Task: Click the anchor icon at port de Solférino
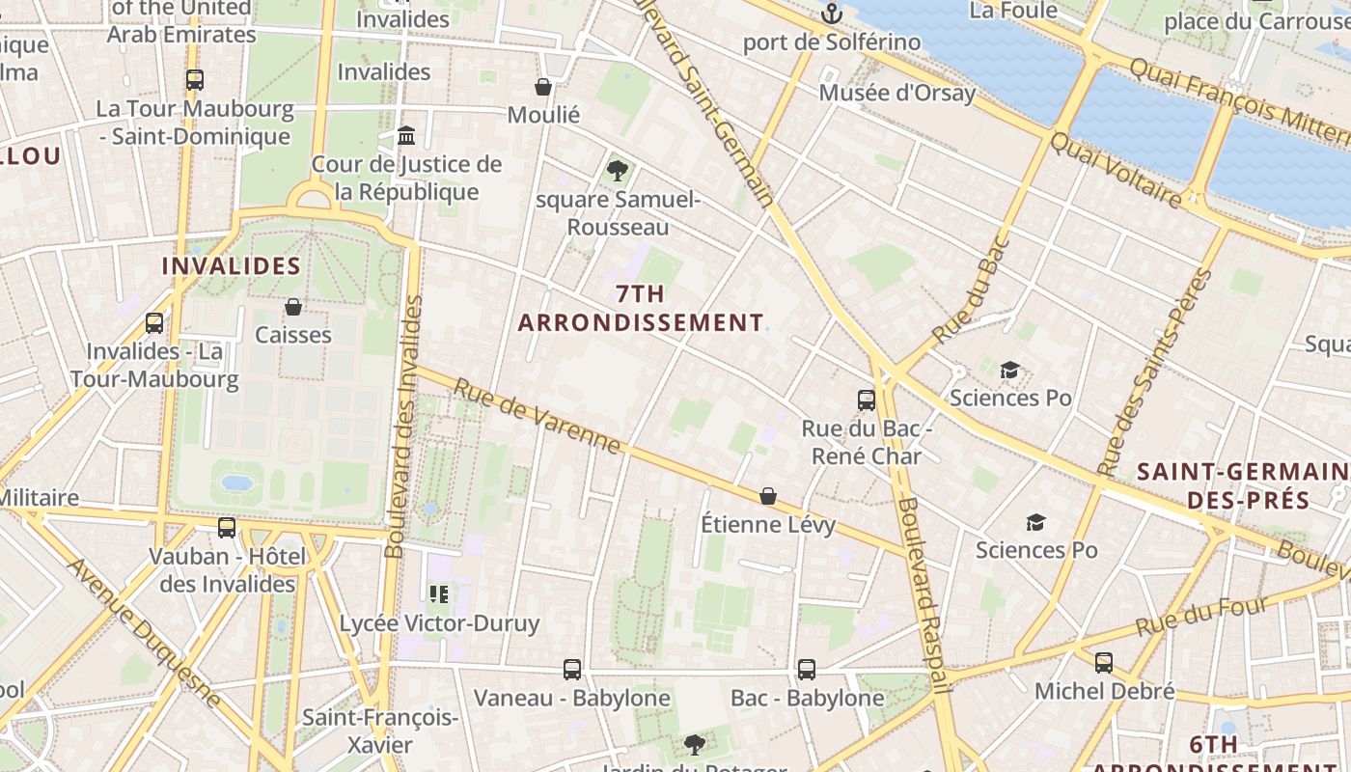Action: (832, 14)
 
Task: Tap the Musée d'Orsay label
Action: (897, 94)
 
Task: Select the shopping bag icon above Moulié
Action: (544, 87)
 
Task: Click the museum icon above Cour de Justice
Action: (406, 135)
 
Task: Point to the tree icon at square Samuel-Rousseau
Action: (618, 172)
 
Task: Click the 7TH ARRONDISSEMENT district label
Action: (641, 309)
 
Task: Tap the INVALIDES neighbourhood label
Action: (232, 266)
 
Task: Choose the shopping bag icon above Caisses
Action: (293, 307)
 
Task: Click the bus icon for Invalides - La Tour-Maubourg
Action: (154, 323)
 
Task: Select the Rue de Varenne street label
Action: (537, 416)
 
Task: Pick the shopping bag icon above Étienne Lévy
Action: (768, 496)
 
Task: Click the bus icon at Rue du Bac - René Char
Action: (867, 400)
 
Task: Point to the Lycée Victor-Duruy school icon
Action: (439, 594)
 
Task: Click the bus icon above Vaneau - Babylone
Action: (572, 669)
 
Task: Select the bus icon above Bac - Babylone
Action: (807, 669)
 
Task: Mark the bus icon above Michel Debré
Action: (1104, 663)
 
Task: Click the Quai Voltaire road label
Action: (1116, 171)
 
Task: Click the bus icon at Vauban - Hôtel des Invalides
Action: (227, 528)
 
